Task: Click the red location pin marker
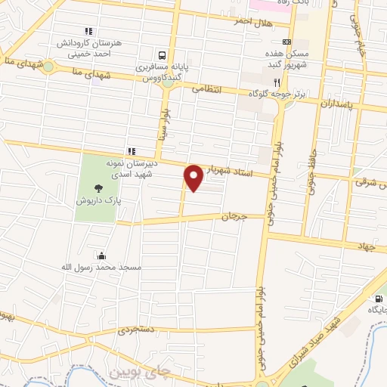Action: (x=193, y=177)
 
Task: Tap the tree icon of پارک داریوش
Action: (x=96, y=189)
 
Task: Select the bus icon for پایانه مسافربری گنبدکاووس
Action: (x=161, y=54)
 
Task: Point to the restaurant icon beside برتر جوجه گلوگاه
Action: (x=277, y=82)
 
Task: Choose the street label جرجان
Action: (x=234, y=216)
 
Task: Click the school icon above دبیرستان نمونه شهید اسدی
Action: (x=132, y=150)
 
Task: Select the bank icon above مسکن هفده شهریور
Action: (x=286, y=42)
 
